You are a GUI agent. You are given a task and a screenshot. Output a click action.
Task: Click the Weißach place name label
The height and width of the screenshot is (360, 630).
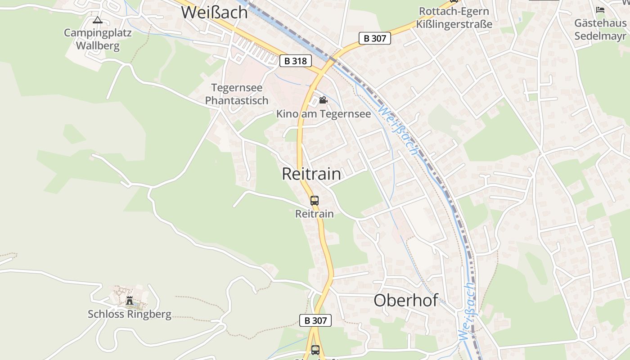tap(214, 12)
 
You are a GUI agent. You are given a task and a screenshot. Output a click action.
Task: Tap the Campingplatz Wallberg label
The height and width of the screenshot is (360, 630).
tap(98, 39)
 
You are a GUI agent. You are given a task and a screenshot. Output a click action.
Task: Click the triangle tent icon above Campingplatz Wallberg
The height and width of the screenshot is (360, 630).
tap(97, 20)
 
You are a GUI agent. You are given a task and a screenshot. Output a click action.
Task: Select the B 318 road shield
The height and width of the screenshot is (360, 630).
tap(295, 61)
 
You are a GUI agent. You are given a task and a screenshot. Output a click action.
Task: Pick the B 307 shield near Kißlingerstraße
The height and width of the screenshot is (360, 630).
tap(374, 38)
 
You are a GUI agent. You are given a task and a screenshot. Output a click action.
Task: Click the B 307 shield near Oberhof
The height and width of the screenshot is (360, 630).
tap(315, 320)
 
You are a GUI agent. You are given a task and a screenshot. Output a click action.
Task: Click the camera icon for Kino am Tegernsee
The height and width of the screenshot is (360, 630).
tap(323, 100)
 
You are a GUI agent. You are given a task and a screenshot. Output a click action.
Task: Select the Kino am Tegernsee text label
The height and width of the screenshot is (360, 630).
tap(324, 114)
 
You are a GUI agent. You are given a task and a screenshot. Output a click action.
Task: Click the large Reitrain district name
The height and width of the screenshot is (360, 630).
tap(311, 174)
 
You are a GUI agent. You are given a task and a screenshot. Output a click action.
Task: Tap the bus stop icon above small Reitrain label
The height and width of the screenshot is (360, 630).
tap(315, 201)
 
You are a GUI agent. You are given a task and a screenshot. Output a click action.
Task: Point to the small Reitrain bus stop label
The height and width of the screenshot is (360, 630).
tap(315, 214)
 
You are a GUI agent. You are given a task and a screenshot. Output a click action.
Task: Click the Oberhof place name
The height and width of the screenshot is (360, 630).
tap(405, 300)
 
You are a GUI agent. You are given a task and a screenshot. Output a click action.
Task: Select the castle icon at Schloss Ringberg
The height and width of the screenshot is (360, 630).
tap(130, 300)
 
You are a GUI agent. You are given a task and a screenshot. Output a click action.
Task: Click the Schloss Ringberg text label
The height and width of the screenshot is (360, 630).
tap(130, 314)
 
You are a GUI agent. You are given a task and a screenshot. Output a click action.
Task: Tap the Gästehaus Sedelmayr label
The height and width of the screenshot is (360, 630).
tap(600, 29)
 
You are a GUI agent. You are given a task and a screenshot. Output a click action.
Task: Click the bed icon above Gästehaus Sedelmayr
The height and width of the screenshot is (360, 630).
tap(600, 9)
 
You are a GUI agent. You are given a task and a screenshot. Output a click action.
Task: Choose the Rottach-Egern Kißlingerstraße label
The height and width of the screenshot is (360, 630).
tap(454, 18)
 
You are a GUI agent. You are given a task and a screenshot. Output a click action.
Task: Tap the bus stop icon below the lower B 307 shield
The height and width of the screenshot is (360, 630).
tap(315, 350)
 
